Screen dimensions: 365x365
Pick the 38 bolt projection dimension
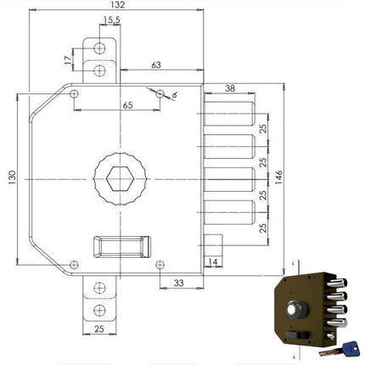pyautogui.click(x=229, y=86)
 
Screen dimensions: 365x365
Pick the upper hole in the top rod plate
pyautogui.click(x=100, y=48)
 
